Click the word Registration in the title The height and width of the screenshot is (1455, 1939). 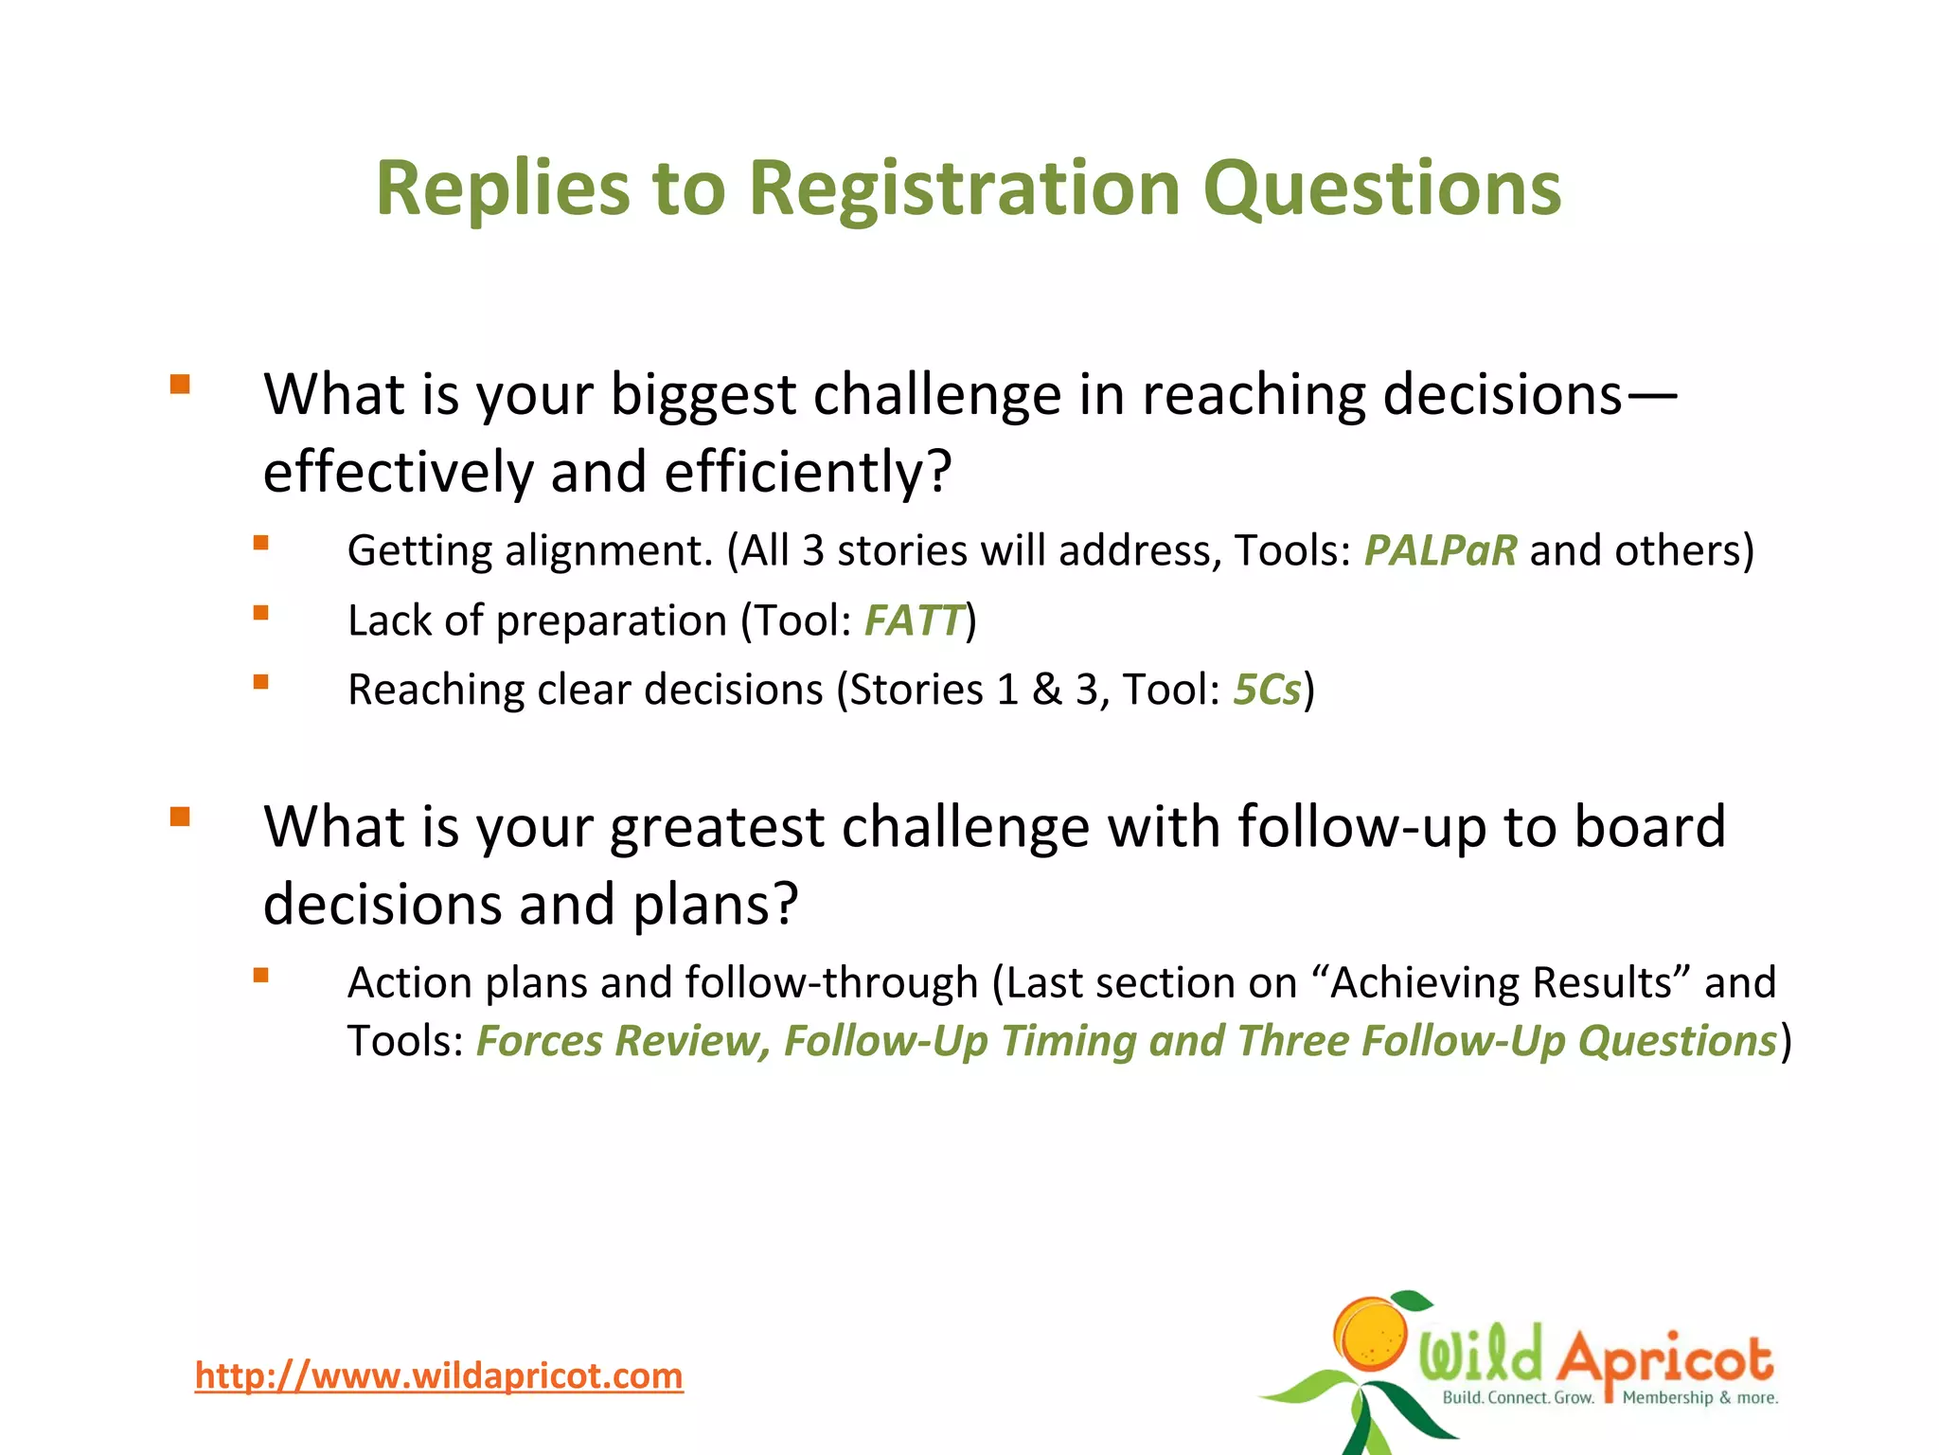click(964, 189)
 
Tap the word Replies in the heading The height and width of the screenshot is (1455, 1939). click(502, 189)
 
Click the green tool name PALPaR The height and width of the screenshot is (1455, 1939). click(1439, 550)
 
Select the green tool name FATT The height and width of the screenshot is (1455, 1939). click(914, 620)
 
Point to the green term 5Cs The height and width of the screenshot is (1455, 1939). click(1267, 690)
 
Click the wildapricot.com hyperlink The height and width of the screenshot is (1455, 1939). click(438, 1375)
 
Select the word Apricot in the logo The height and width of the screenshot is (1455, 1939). click(1664, 1356)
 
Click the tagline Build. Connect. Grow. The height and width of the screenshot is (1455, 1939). click(1518, 1397)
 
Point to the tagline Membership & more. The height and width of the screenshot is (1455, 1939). click(1699, 1397)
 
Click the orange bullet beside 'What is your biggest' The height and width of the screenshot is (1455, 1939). click(180, 385)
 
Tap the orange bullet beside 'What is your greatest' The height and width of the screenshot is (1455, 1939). click(180, 817)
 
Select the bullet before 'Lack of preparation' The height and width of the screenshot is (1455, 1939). click(261, 613)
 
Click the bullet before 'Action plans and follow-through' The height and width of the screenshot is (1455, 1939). click(261, 975)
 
